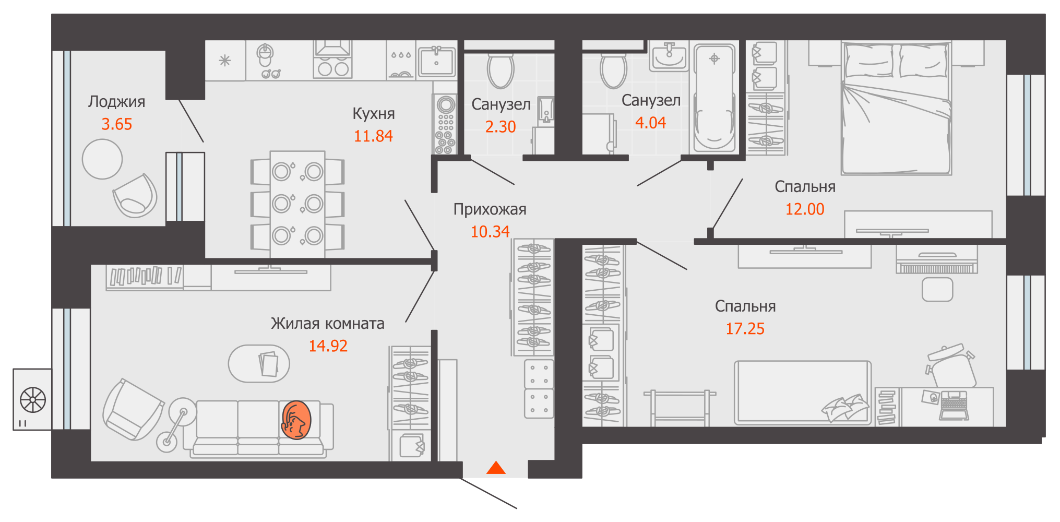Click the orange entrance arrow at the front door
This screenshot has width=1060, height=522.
click(x=496, y=468)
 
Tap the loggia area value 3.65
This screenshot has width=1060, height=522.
click(x=116, y=124)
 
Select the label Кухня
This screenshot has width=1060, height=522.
click(x=374, y=113)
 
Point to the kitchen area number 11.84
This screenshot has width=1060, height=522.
click(x=373, y=136)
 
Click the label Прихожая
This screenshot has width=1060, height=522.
click(x=490, y=209)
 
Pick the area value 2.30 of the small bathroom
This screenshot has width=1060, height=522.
click(x=501, y=127)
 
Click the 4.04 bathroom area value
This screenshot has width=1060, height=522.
click(x=650, y=123)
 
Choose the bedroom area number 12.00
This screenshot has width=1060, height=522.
click(x=805, y=209)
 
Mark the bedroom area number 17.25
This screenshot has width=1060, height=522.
click(x=745, y=329)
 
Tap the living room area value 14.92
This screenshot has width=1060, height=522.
click(x=328, y=346)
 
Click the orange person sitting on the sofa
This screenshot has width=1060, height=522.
click(x=296, y=420)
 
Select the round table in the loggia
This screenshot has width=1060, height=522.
click(x=102, y=159)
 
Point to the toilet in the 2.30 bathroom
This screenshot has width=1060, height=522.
click(x=501, y=72)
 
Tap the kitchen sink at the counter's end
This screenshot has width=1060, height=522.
click(x=436, y=62)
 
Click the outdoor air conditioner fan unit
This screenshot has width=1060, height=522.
click(x=32, y=400)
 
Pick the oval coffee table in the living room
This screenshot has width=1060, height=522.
click(x=259, y=363)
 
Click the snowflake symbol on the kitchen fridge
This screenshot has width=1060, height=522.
click(x=225, y=61)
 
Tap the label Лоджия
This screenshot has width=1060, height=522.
click(x=116, y=102)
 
